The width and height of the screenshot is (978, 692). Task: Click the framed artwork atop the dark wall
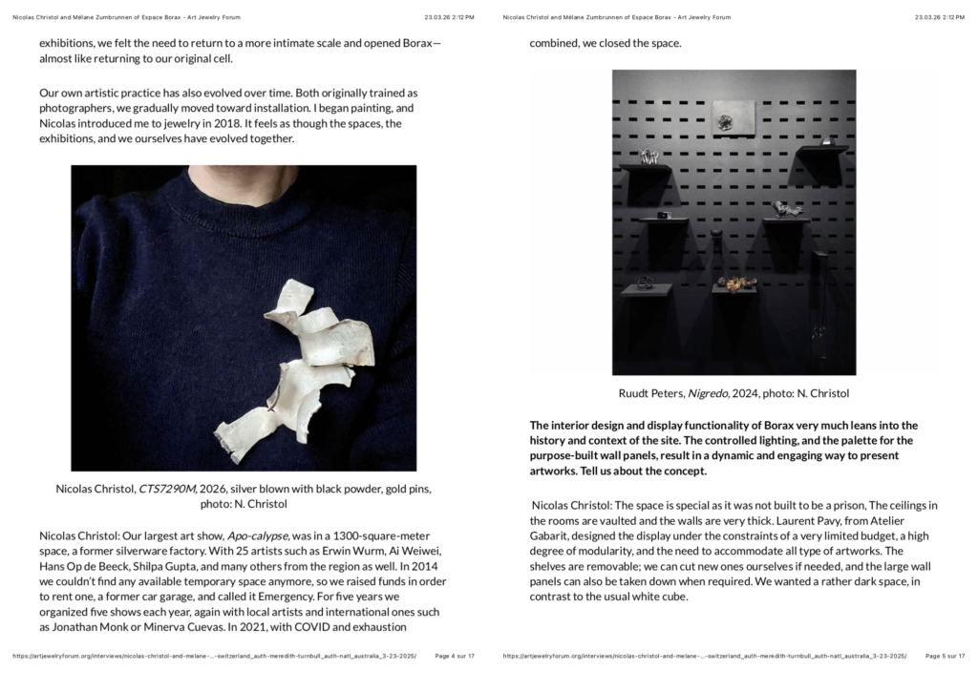coord(733,116)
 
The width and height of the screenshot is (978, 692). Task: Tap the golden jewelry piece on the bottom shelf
coord(735,283)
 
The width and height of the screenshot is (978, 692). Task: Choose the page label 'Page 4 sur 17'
coord(455,657)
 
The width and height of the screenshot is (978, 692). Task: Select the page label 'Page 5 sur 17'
coord(945,657)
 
